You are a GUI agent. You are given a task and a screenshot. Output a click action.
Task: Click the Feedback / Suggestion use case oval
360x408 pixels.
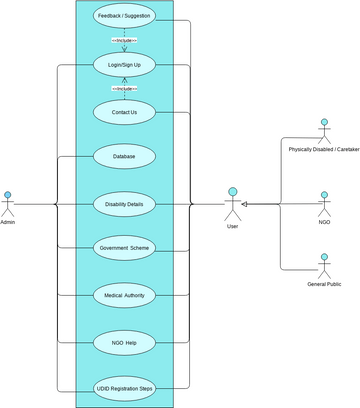(x=124, y=18)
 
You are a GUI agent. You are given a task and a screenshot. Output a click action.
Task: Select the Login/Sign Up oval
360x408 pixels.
(x=124, y=65)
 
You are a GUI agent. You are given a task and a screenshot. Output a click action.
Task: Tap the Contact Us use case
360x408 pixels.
(x=124, y=112)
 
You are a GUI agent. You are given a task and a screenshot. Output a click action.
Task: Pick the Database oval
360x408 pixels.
(x=124, y=156)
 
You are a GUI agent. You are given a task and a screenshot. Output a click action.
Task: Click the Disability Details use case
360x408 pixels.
(x=124, y=204)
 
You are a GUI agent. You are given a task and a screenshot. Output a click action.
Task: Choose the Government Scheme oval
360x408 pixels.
(x=124, y=248)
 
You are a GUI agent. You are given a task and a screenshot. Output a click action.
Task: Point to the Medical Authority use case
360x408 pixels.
(x=124, y=295)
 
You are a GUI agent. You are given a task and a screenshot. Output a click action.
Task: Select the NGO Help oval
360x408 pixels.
(x=124, y=342)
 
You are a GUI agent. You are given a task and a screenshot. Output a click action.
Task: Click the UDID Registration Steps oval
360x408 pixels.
(x=124, y=390)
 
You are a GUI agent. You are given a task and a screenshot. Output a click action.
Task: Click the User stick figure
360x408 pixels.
(x=232, y=203)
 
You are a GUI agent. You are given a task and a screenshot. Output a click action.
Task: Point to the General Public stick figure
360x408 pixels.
(x=323, y=266)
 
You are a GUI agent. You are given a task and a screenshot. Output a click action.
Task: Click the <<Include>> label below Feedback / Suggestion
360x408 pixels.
(x=124, y=41)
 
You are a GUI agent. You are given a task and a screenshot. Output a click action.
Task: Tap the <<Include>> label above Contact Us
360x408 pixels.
(x=124, y=88)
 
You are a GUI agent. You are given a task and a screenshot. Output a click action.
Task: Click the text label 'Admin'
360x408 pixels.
(x=8, y=222)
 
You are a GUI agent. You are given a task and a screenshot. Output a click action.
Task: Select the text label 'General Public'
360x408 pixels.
(x=323, y=285)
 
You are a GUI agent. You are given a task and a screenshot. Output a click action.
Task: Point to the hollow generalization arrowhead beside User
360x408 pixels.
(x=246, y=204)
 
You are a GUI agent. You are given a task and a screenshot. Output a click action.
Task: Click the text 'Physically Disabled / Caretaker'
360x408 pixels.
(x=323, y=149)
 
